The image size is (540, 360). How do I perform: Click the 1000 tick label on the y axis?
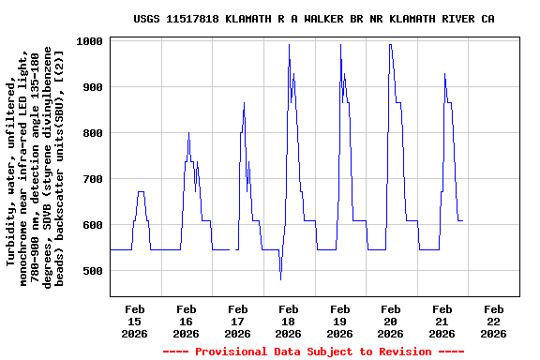pos(91,41)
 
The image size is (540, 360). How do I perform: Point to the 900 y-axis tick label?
pos(94,87)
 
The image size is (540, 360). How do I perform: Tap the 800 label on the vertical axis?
pos(94,133)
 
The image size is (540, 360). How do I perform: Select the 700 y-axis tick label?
pos(94,179)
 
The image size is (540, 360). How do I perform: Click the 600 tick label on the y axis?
pos(94,225)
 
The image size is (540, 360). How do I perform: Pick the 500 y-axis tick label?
pos(94,271)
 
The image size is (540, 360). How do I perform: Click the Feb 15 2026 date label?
pos(135,321)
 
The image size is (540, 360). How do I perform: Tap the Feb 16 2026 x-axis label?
pos(187,321)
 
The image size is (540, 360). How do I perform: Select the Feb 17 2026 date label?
pos(238,321)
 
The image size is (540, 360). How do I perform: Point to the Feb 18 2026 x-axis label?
pos(289,321)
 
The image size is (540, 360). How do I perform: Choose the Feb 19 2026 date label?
pos(340,321)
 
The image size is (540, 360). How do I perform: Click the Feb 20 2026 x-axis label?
pos(392,321)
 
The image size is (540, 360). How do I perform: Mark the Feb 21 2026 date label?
pos(442,321)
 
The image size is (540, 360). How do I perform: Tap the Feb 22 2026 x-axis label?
pos(494,321)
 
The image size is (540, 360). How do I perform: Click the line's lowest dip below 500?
pos(280,278)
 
